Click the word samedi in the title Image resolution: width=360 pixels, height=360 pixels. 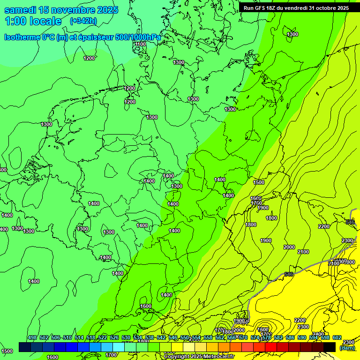pyautogui.click(x=20, y=10)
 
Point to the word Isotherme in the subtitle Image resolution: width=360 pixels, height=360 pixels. pyautogui.click(x=22, y=37)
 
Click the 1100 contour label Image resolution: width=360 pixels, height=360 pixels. pyautogui.click(x=140, y=44)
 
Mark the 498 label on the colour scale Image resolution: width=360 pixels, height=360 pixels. pyautogui.click(x=32, y=337)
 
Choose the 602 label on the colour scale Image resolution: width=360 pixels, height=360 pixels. pyautogui.click(x=337, y=337)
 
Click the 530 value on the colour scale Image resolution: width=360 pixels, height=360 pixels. pyautogui.click(x=126, y=337)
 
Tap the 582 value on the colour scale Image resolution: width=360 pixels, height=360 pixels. pyautogui.click(x=278, y=337)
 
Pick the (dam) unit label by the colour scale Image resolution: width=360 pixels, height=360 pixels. pyautogui.click(x=347, y=348)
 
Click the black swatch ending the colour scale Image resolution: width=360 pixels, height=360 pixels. pyautogui.click(x=330, y=347)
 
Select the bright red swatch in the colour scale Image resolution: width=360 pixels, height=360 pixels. pyautogui.click(x=271, y=347)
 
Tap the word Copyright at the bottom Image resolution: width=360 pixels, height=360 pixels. pyautogui.click(x=177, y=357)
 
